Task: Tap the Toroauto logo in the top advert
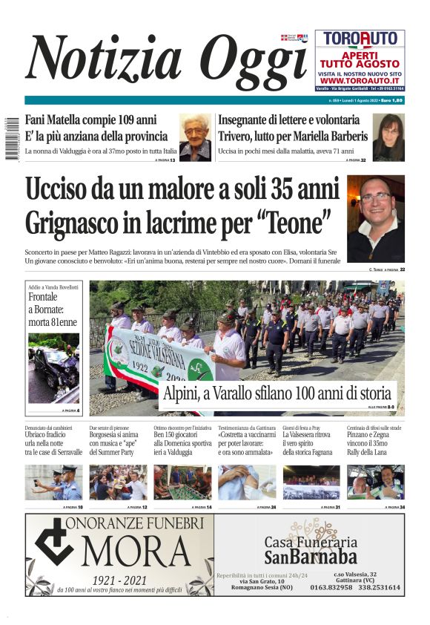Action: [x=360, y=39]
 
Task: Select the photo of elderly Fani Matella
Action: [x=195, y=137]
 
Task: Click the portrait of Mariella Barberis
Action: [x=388, y=137]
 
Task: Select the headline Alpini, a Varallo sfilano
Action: [x=277, y=393]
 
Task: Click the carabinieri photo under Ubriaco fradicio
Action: [x=53, y=482]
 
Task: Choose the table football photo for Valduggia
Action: [x=182, y=482]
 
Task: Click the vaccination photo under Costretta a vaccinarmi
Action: [x=247, y=482]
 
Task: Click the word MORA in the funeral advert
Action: [x=141, y=552]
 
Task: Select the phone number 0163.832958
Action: [x=331, y=587]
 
